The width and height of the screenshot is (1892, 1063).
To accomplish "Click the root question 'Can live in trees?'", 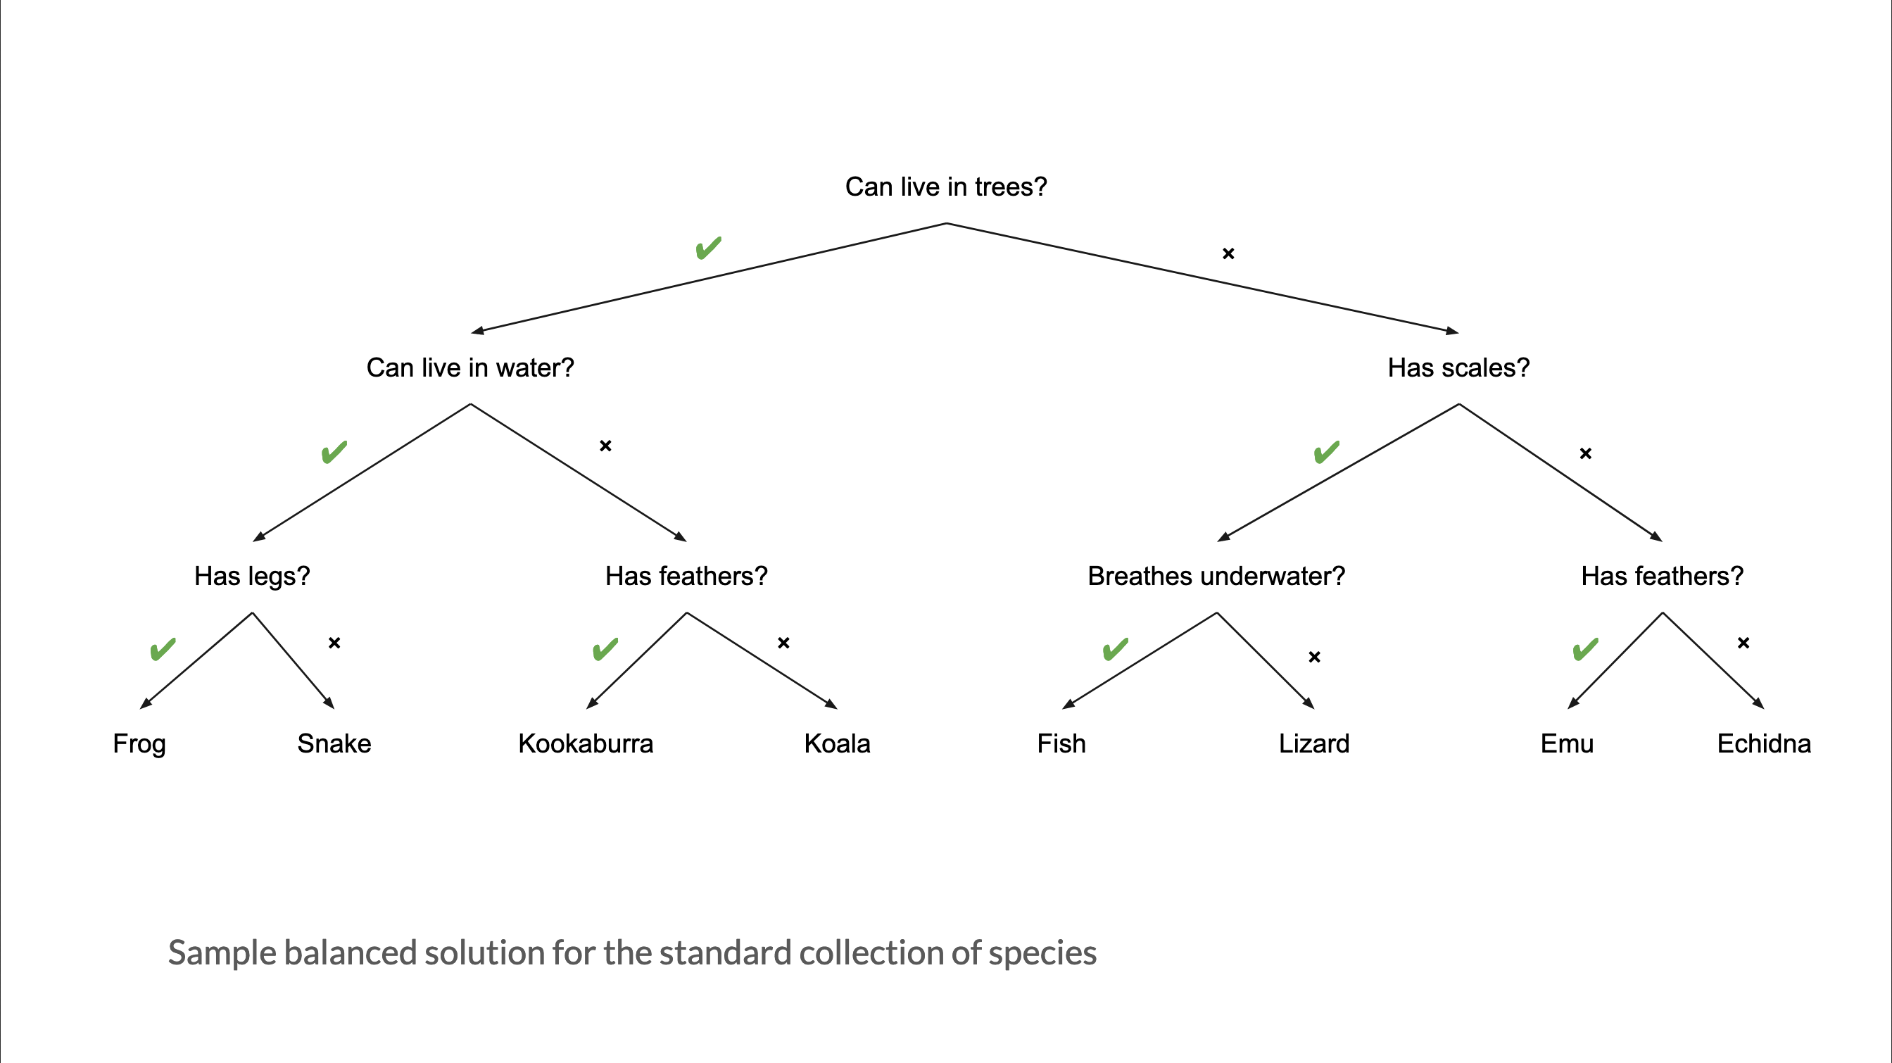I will point(946,187).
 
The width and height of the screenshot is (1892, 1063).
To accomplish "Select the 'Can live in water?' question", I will point(470,368).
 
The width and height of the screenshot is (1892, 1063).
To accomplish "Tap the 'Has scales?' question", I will point(1458,368).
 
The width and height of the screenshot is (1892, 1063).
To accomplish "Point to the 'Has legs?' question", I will point(252,577).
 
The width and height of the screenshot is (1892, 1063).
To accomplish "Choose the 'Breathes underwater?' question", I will point(1216,577).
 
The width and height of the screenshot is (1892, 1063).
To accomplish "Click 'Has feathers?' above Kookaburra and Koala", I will point(686,577).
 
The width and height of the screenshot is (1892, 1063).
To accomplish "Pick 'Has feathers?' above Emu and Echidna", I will point(1662,577).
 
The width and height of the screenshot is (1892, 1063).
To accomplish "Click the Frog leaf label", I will point(139,744).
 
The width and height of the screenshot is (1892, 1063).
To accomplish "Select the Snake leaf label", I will point(334,744).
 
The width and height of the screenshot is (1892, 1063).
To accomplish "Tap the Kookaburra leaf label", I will point(586,744).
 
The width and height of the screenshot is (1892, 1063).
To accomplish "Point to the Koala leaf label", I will point(838,744).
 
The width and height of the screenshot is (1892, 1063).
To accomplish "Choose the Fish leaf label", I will point(1061,744).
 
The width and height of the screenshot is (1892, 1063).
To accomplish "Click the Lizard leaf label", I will point(1314,744).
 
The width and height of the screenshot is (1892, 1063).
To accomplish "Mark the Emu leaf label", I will point(1567,744).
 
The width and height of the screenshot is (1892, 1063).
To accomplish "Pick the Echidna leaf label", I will point(1763,744).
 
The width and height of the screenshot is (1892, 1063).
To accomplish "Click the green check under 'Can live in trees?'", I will point(709,249).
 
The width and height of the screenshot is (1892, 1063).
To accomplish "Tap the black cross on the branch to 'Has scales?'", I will point(1228,253).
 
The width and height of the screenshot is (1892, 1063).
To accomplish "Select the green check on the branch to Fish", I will point(1116,649).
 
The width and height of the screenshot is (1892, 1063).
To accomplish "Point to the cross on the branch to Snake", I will point(334,643).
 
